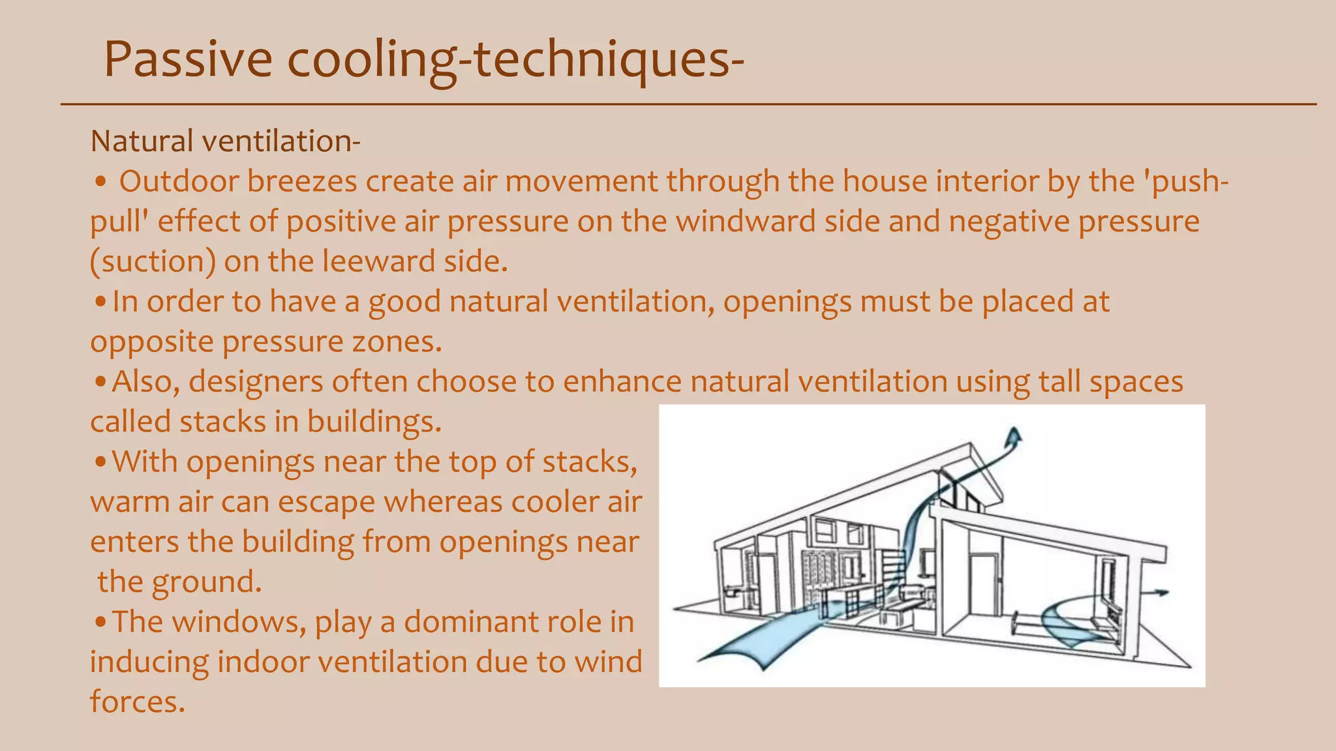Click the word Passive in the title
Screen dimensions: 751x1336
188,60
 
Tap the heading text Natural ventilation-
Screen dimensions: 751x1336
225,141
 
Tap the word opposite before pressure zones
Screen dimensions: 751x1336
151,342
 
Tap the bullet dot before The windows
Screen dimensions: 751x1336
100,623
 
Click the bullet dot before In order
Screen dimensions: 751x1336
100,302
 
